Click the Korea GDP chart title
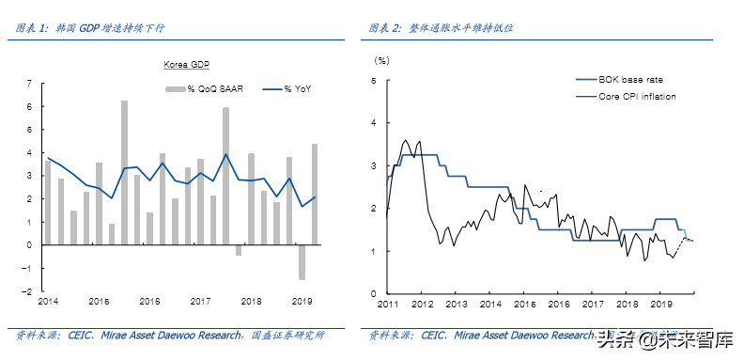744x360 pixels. [187, 65]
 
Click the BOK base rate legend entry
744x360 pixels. [630, 80]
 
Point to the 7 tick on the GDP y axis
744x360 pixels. [29, 84]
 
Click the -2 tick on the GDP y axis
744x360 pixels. [27, 291]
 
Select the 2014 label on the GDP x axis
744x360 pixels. [48, 301]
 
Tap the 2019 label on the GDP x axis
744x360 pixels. [302, 301]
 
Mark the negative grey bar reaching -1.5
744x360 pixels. [302, 262]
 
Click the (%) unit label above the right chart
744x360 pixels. [381, 60]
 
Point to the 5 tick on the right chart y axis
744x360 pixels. [375, 80]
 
